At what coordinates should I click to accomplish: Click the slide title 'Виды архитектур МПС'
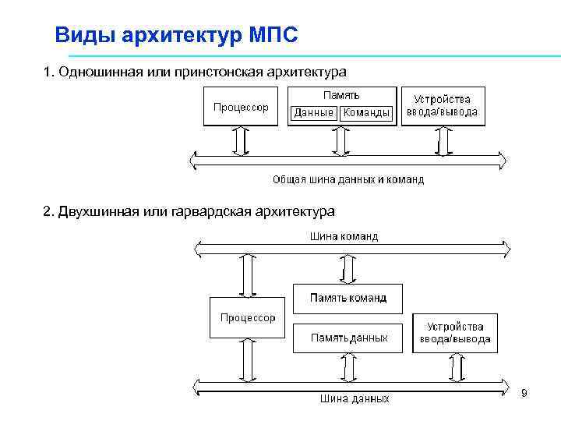point(176,35)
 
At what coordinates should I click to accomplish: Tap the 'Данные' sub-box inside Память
point(313,113)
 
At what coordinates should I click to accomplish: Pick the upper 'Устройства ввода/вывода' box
point(442,106)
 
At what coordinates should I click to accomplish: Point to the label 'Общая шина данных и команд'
point(348,179)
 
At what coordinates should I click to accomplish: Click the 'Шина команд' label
point(344,236)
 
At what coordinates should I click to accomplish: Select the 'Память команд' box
point(348,298)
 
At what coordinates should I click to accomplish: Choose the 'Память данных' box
point(348,338)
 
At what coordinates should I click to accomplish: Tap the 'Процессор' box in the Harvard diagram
point(248,317)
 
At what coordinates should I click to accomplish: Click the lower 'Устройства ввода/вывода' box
point(455,333)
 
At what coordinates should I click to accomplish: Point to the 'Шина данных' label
point(355,398)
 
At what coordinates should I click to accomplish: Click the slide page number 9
point(524,392)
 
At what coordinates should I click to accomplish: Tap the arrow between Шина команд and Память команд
point(344,270)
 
